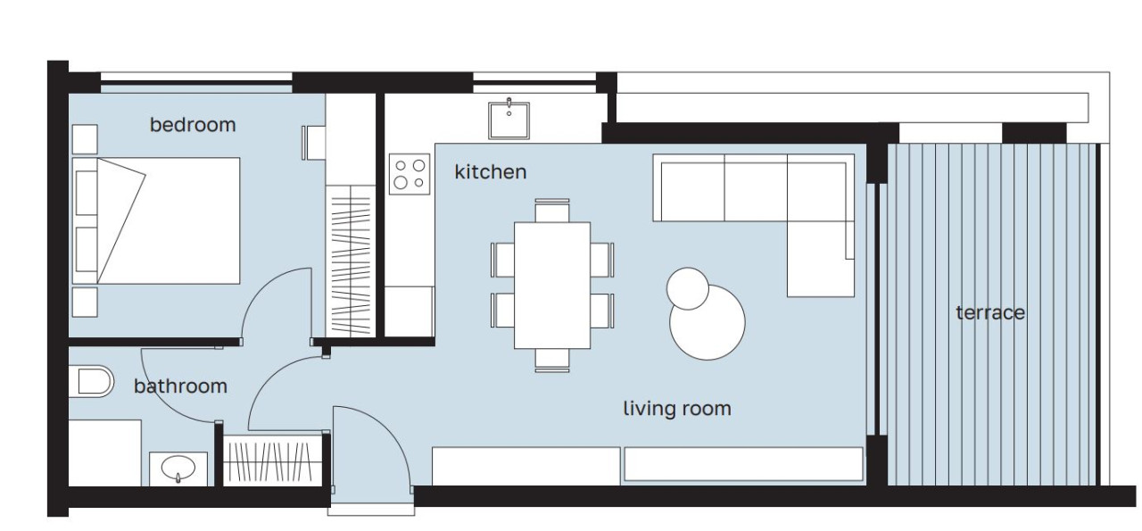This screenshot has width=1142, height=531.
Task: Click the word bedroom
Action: pos(193,125)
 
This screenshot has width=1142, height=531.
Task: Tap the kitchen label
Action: pos(491,172)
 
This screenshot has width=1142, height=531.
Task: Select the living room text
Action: pos(677,409)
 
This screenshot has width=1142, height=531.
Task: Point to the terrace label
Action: pos(990,312)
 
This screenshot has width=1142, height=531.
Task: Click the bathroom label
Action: pos(180,386)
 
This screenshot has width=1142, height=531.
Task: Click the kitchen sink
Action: pos(509,120)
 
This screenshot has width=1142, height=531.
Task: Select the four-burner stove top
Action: pos(410,174)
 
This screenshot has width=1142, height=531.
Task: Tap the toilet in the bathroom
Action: pos(91,381)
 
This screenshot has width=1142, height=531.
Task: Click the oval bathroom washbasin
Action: pos(178,468)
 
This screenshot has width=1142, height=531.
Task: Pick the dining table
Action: pos(552,286)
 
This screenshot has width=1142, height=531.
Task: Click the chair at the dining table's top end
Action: pos(552,210)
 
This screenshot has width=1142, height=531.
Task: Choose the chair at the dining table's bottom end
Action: pos(552,361)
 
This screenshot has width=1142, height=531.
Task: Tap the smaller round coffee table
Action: pos(688,289)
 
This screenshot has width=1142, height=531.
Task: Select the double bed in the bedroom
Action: pos(156,220)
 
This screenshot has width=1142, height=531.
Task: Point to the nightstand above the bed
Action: pos(85,138)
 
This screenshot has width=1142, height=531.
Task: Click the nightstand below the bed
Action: pos(85,302)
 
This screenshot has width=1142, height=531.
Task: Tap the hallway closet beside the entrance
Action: pos(273,461)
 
